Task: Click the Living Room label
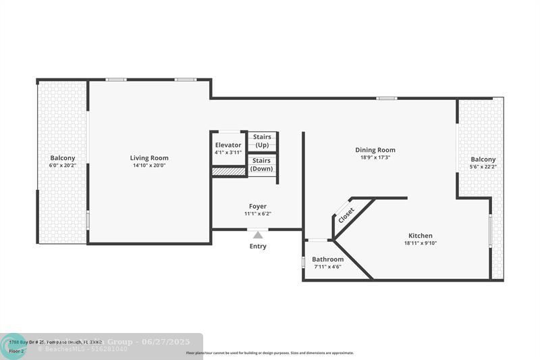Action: pyautogui.click(x=149, y=158)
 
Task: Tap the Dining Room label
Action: pyautogui.click(x=375, y=150)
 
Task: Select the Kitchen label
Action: pyautogui.click(x=420, y=236)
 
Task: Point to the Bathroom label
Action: pyautogui.click(x=327, y=259)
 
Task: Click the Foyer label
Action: pyautogui.click(x=257, y=207)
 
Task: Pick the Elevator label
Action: pyautogui.click(x=228, y=145)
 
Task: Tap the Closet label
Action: pyautogui.click(x=346, y=215)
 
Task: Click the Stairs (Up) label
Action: pyautogui.click(x=262, y=140)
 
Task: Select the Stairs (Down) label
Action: pyautogui.click(x=262, y=164)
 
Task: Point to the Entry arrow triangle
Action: pyautogui.click(x=257, y=235)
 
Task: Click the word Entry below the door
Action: pyautogui.click(x=258, y=247)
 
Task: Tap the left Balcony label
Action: pyautogui.click(x=63, y=158)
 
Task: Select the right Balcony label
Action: pyautogui.click(x=483, y=159)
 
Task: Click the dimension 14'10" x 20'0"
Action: pyautogui.click(x=149, y=165)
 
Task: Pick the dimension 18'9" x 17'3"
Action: pyautogui.click(x=375, y=157)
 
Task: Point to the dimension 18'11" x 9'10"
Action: pyautogui.click(x=420, y=243)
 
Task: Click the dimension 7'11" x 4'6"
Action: pyautogui.click(x=327, y=267)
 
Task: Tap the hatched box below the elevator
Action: pyautogui.click(x=228, y=172)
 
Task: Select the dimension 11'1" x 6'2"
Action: pyautogui.click(x=257, y=214)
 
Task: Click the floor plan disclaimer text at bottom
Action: pyautogui.click(x=270, y=353)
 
